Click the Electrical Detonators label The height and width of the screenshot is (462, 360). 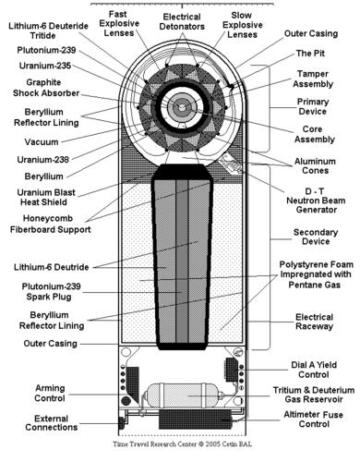pos(182,21)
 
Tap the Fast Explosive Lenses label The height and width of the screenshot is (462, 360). pos(119,23)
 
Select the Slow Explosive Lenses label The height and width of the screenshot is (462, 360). pos(243,25)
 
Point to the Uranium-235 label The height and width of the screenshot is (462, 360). pos(45,66)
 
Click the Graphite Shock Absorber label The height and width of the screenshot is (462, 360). pos(46,88)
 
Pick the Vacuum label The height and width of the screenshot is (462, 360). pos(42,142)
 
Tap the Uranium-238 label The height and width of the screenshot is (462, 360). pos(42,160)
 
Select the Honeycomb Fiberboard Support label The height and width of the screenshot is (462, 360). pos(51,224)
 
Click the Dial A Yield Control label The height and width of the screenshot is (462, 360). pos(314,370)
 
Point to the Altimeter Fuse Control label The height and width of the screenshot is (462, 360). pos(314,419)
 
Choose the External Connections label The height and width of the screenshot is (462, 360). pos(52,423)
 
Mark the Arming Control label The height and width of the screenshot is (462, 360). pos(50,393)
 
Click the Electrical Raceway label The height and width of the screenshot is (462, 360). pos(315,322)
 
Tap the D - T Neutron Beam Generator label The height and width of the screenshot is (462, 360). pos(316,201)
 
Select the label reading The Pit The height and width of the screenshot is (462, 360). pos(310,54)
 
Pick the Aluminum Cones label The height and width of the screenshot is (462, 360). pos(315,165)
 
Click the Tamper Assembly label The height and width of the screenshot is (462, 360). pos(313,79)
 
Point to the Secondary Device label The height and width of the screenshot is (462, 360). pos(316,237)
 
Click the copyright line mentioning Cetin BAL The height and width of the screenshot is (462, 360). pos(182,444)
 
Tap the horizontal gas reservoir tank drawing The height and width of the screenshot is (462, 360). pos(184,395)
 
